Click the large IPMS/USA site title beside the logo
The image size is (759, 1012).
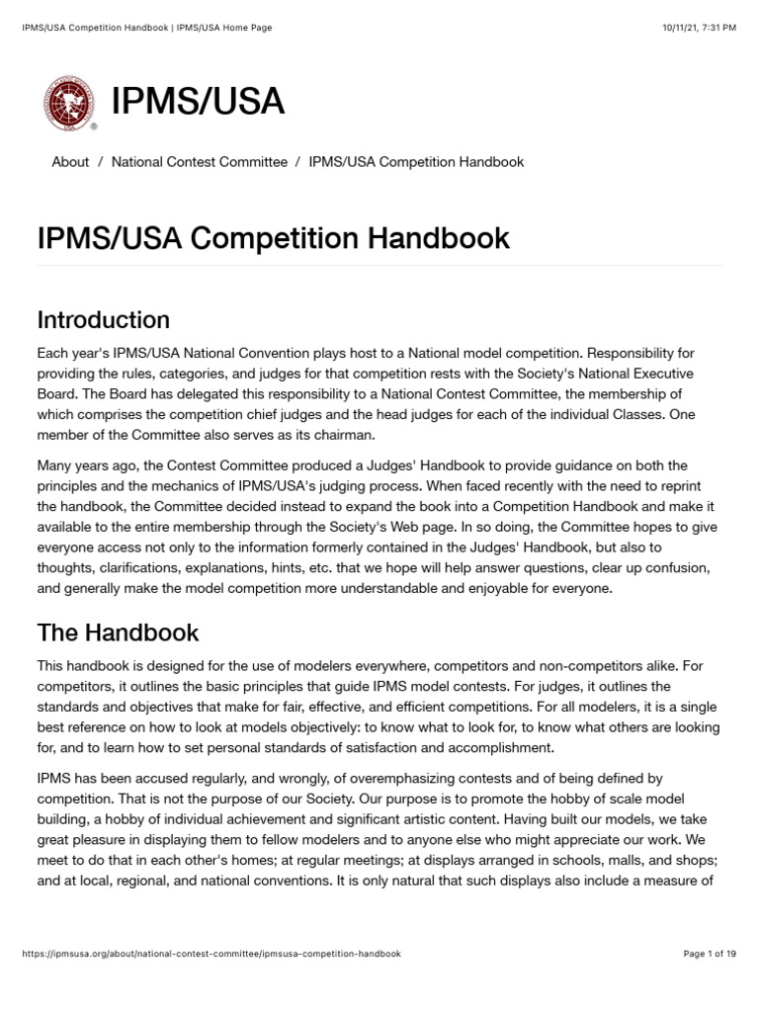tap(198, 102)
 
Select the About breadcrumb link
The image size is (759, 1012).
tap(70, 161)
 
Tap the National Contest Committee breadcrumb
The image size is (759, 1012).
tap(200, 161)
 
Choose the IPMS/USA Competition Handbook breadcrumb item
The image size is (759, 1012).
tap(416, 161)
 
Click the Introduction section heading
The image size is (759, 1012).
tap(103, 320)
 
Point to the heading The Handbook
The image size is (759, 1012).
tap(118, 632)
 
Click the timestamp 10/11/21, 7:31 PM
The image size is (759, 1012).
tap(699, 28)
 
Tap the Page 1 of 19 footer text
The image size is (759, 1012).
tap(710, 954)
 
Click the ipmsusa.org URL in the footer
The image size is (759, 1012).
tap(211, 954)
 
